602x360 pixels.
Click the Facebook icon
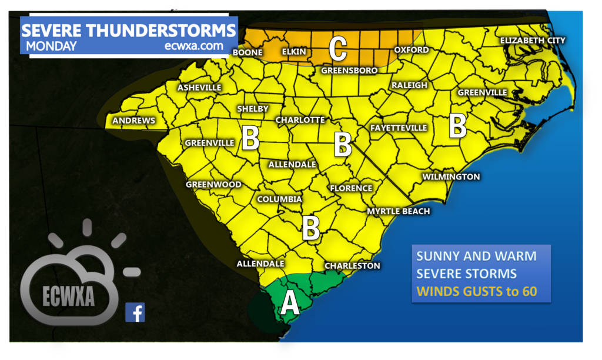point(135,312)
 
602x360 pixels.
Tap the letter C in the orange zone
point(337,49)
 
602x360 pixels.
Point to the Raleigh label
point(409,85)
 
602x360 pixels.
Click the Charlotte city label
point(300,120)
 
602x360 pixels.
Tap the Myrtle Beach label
point(398,211)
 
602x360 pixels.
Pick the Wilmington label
point(451,176)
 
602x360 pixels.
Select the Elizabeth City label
point(532,41)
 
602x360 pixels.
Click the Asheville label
point(199,88)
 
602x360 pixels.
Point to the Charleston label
point(352,266)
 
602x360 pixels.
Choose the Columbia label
point(279,199)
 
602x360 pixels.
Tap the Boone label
point(247,52)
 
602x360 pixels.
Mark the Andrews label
point(134,121)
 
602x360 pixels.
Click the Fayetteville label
point(398,128)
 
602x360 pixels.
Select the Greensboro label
point(349,71)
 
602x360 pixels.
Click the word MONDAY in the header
point(51,46)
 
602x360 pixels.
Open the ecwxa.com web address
point(194,46)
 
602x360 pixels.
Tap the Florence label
point(351,188)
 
